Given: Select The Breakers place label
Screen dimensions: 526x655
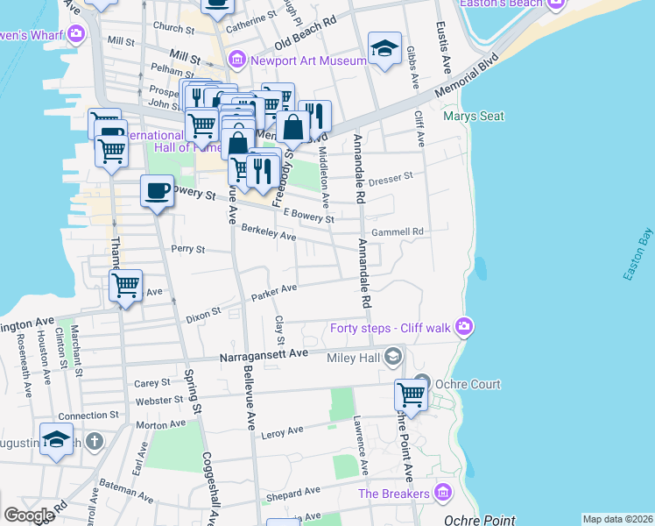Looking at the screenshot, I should (393, 493).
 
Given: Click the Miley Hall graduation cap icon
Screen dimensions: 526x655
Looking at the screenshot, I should (393, 356).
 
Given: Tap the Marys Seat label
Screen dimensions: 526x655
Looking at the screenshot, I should (473, 116).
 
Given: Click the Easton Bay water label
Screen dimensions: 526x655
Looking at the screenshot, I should (638, 254).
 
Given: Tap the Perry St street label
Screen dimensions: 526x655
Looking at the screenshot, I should (187, 249).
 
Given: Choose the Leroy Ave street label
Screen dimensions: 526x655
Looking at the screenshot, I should (282, 430).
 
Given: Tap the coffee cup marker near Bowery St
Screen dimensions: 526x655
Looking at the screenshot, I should (158, 191).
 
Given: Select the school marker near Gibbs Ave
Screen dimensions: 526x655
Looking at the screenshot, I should (384, 50).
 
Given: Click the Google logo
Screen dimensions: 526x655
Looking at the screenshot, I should (29, 515).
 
